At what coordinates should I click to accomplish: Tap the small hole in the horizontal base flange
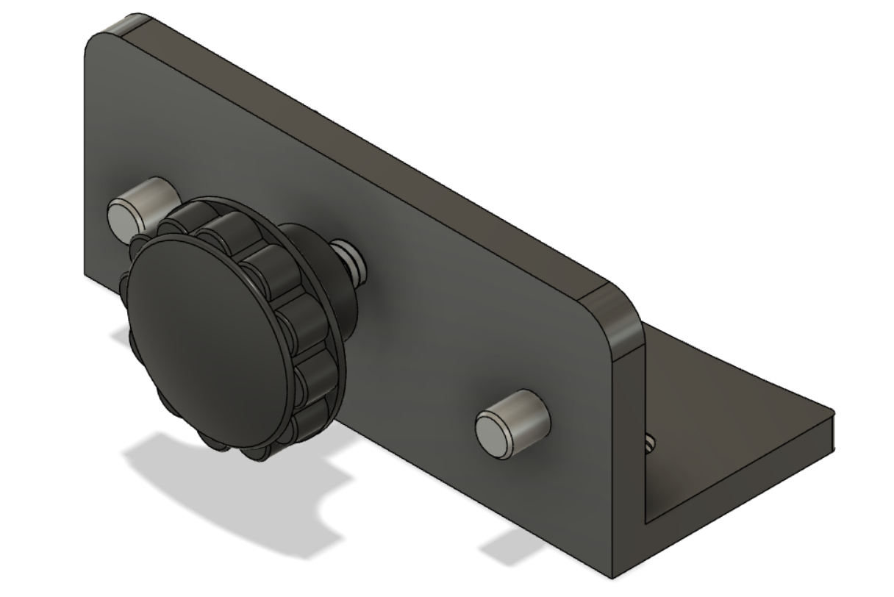[x=650, y=443]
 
